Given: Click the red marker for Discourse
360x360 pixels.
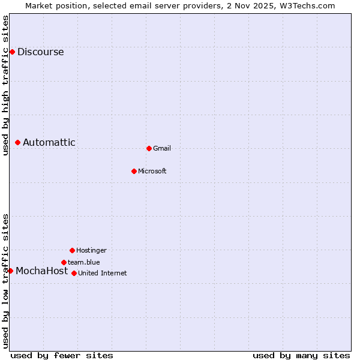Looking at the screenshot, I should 12,52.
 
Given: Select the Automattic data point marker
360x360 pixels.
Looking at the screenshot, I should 18,142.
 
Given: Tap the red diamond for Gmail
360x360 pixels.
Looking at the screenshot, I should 149,148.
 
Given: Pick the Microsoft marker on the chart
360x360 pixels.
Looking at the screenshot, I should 134,171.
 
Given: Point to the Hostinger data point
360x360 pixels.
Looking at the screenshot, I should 72,250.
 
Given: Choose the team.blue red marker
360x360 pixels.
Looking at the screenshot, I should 64,262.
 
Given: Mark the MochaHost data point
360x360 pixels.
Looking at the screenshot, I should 10,271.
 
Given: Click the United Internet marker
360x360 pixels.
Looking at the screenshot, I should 74,273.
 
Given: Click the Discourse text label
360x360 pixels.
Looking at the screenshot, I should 40,52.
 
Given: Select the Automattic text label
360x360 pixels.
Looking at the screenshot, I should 49,142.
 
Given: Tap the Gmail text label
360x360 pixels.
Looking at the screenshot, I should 162,148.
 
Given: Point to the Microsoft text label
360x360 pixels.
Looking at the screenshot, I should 152,171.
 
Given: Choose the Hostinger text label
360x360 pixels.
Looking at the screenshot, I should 91,250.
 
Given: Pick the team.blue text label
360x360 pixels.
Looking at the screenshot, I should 84,262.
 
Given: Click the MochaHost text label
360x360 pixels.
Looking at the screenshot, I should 41,271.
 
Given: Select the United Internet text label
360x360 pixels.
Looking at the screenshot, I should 103,273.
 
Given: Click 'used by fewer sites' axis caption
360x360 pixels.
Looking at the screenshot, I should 62,355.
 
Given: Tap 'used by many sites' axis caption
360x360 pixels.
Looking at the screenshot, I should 301,355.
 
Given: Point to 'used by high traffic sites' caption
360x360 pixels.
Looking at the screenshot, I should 5,85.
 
